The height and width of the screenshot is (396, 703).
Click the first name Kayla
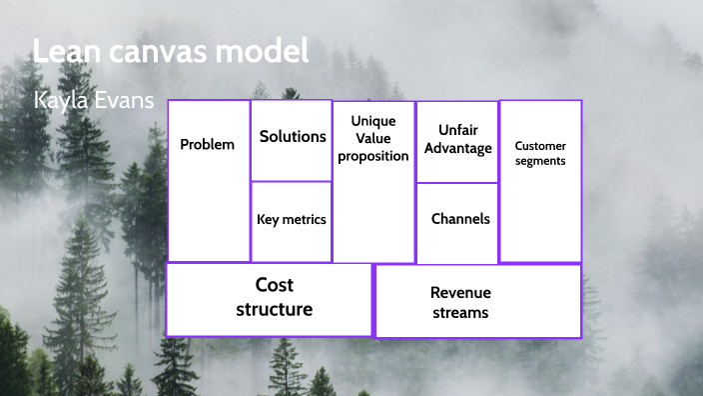click(61, 103)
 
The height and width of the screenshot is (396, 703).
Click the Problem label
click(207, 144)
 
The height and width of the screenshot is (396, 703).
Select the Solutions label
click(293, 136)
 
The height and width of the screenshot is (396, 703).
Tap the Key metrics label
click(292, 219)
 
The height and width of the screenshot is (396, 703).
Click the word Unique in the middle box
click(373, 121)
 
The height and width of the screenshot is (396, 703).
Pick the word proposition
click(373, 156)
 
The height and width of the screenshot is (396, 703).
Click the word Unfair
click(458, 130)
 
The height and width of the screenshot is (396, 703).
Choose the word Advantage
click(458, 148)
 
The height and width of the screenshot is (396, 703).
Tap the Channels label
click(460, 219)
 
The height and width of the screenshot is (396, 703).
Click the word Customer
click(540, 146)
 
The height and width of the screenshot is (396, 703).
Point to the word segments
click(540, 160)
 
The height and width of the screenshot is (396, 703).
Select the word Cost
click(274, 285)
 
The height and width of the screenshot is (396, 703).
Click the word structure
click(274, 309)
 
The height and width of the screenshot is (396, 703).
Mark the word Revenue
click(460, 293)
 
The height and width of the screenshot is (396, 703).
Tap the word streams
click(460, 312)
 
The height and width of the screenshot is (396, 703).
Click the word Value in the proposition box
click(373, 139)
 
